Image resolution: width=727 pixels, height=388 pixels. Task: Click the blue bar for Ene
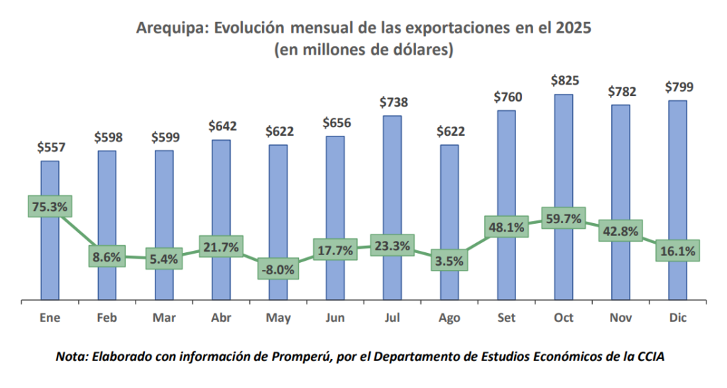[50, 178]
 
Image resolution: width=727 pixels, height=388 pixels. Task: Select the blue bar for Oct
[563, 156]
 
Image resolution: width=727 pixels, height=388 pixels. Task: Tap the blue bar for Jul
[392, 178]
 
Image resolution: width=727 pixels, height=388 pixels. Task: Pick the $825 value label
[564, 80]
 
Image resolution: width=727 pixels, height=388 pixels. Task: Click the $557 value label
[50, 148]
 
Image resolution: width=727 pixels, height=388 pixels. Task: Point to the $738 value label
[393, 102]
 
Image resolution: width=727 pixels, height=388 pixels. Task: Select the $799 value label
[678, 87]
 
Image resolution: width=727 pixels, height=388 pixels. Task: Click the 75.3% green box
[50, 207]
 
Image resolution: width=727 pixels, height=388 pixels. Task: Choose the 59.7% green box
[563, 220]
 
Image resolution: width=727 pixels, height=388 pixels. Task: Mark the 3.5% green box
[449, 261]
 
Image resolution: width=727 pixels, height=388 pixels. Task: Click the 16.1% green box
[678, 251]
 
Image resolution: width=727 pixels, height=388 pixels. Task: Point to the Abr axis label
[221, 318]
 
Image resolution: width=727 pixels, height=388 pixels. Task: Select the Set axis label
[506, 318]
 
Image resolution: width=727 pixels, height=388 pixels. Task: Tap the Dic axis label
[678, 318]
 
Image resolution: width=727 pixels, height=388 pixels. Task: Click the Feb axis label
[106, 318]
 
